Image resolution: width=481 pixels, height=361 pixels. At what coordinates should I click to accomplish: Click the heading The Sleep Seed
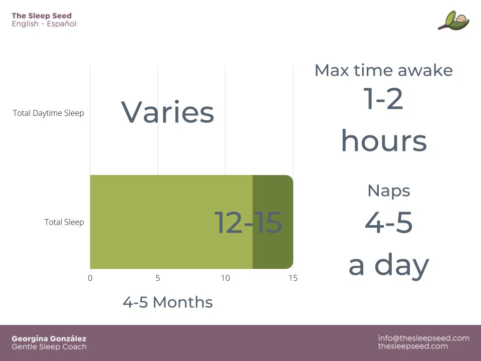[42, 16]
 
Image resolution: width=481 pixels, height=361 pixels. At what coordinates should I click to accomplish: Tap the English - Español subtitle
[44, 24]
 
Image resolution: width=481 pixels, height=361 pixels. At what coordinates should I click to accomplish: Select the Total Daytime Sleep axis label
[49, 113]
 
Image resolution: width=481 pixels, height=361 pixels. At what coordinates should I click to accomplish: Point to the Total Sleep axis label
[64, 222]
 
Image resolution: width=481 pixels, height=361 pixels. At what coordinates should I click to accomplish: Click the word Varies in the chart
[167, 112]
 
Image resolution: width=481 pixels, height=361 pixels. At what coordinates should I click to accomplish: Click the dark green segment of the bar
[273, 222]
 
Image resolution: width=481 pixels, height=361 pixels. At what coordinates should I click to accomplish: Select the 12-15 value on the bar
[248, 222]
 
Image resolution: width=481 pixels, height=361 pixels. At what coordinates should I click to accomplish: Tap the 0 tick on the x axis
[90, 278]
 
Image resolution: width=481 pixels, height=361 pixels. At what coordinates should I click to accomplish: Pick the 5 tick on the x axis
[158, 278]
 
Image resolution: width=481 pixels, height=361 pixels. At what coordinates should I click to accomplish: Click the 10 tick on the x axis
[225, 278]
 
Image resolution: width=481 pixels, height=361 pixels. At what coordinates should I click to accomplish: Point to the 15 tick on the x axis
[293, 278]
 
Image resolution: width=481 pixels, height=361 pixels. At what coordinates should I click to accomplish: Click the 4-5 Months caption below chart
[168, 302]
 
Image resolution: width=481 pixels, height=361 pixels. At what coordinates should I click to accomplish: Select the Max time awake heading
[384, 70]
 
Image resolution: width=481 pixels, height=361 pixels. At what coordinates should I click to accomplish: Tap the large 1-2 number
[383, 99]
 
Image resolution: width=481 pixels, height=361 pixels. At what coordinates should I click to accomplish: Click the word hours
[384, 140]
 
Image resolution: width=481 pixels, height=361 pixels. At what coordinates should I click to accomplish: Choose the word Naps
[389, 192]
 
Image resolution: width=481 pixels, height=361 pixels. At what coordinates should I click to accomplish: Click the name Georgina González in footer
[49, 338]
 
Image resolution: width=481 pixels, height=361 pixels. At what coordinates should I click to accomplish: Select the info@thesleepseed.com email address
[424, 338]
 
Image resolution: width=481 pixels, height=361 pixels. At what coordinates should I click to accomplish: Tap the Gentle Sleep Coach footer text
[49, 347]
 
